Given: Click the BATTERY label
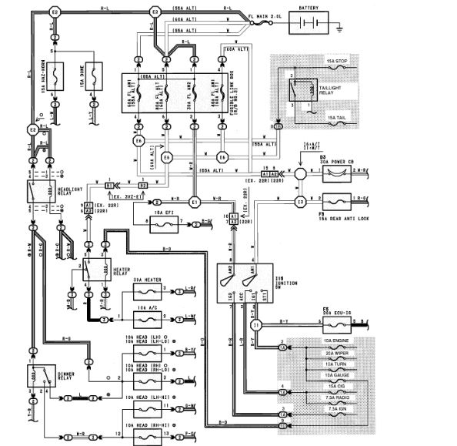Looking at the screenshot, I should (312, 8).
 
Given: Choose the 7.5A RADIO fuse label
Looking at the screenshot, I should (339, 397).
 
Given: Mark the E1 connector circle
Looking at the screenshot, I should (195, 202).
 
